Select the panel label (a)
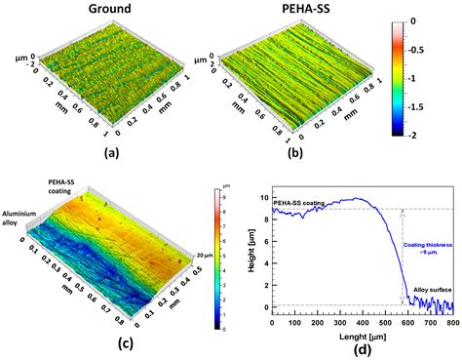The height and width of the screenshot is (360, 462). [102, 154]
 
